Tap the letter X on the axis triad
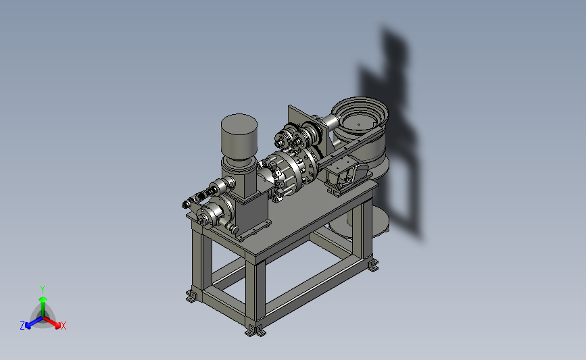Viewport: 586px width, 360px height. pyautogui.click(x=63, y=326)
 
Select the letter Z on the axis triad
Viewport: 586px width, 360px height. pyautogui.click(x=22, y=326)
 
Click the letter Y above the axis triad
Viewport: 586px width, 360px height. pyautogui.click(x=42, y=290)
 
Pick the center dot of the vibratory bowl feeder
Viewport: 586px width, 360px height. pyautogui.click(x=359, y=125)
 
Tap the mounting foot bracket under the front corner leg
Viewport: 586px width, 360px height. pyautogui.click(x=255, y=330)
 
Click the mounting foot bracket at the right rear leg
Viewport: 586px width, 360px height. pyautogui.click(x=372, y=265)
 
